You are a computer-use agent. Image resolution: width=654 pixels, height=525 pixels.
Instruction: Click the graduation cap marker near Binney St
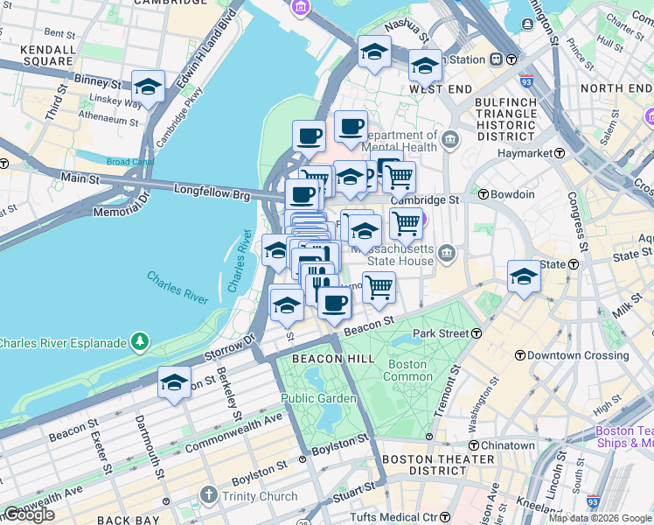pyautogui.click(x=149, y=87)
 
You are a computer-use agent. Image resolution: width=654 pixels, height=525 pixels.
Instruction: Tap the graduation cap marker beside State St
pyautogui.click(x=524, y=276)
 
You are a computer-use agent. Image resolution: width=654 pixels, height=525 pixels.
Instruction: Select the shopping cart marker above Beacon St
pyautogui.click(x=379, y=287)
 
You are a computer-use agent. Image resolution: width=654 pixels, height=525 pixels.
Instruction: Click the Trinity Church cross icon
pyautogui.click(x=208, y=496)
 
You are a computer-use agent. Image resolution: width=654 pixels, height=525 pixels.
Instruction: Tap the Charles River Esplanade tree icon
pyautogui.click(x=139, y=341)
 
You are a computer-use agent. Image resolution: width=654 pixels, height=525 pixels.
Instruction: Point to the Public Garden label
pyautogui.click(x=318, y=399)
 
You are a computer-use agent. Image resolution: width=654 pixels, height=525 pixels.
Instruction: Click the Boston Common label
pyautogui.click(x=407, y=370)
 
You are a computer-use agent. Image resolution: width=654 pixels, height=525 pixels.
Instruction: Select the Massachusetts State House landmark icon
pyautogui.click(x=448, y=254)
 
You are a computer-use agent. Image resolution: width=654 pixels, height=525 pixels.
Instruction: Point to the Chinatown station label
pyautogui.click(x=507, y=445)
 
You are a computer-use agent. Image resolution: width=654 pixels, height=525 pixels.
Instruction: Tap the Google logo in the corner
pyautogui.click(x=29, y=514)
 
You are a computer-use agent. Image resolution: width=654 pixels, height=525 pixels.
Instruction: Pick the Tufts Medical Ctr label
pyautogui.click(x=405, y=517)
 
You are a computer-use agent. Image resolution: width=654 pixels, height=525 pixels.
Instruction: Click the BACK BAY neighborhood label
pyautogui.click(x=129, y=520)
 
